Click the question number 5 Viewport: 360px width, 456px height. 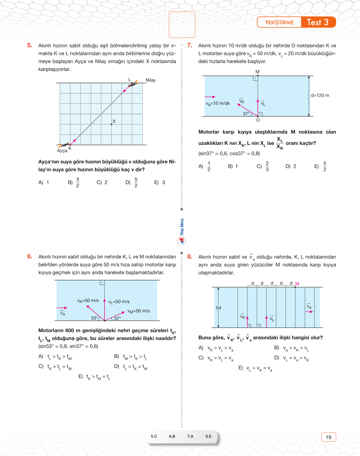coord(30,45)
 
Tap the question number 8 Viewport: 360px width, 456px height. coord(189,257)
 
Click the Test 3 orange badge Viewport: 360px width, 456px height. coord(318,22)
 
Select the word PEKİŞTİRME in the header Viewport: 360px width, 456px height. coord(280,23)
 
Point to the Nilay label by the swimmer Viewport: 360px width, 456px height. coord(150,80)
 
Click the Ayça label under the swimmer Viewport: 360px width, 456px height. coord(62,151)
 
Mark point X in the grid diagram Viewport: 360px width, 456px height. coord(112,124)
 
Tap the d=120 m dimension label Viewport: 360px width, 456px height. coord(320,95)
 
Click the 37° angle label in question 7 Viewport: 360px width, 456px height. coord(246,114)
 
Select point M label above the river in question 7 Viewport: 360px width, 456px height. coord(257,72)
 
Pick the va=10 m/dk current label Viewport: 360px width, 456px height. coord(218,104)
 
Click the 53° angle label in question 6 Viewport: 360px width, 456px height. coord(95,318)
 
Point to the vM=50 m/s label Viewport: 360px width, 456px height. coord(138,311)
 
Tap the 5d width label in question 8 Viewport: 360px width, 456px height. coord(218,308)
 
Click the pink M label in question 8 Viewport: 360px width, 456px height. coord(297,283)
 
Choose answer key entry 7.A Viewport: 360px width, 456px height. coord(190,436)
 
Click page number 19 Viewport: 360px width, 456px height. coord(328,437)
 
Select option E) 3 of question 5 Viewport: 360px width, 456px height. coord(160,182)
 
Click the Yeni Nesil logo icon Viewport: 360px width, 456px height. coord(182,241)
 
